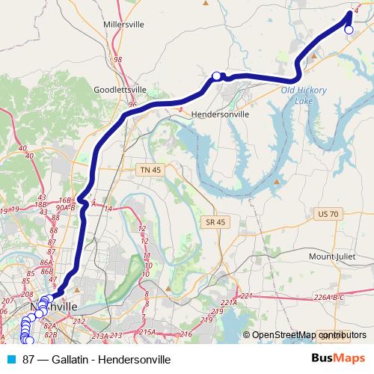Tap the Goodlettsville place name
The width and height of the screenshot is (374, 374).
tap(117, 88)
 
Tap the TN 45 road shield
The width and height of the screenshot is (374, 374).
tap(150, 171)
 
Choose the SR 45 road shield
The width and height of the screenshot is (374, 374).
tap(215, 222)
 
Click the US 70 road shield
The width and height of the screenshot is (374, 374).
tap(328, 214)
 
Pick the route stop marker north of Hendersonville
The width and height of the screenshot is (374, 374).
tap(217, 76)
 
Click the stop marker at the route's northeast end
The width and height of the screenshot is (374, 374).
tap(349, 29)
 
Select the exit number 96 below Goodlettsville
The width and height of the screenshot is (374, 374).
tap(133, 104)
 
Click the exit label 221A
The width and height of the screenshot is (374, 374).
tap(229, 303)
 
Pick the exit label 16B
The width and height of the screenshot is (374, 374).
tap(65, 200)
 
